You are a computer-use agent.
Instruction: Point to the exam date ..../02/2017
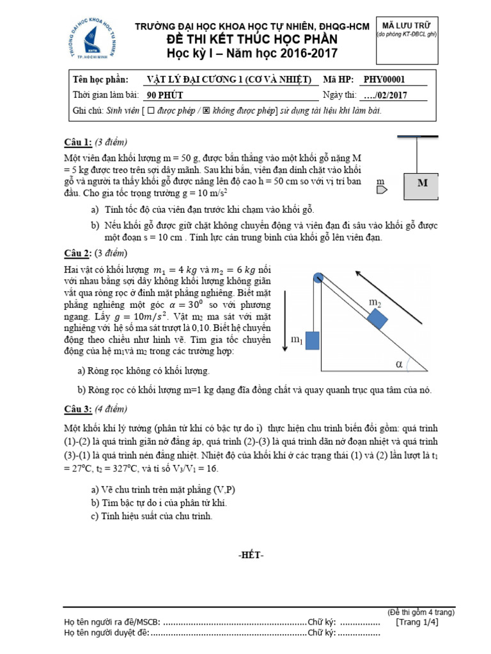point(385,96)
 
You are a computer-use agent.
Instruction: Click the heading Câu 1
point(80,141)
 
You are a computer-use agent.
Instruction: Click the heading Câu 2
point(80,252)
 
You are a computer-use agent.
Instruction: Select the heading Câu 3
point(80,409)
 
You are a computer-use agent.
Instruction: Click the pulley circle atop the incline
point(318,277)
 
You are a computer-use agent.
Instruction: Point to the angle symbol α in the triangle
point(400,364)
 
